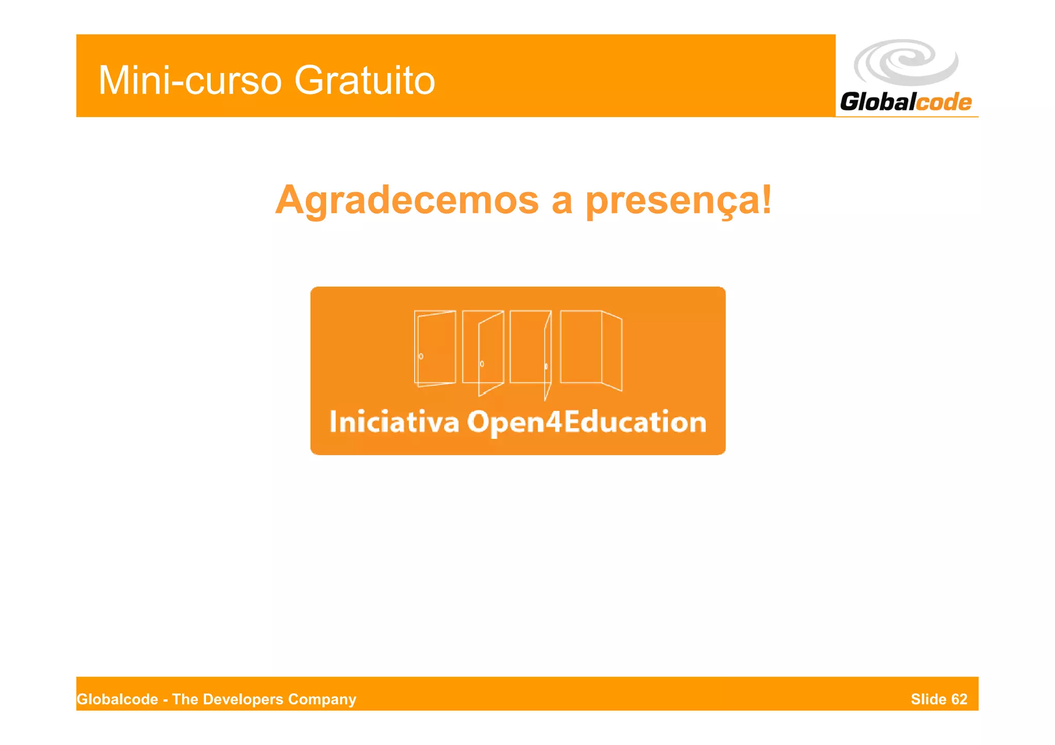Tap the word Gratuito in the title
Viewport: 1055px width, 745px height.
click(x=365, y=81)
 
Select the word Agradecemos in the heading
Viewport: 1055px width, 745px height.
click(x=407, y=200)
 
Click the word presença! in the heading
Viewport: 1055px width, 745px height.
click(x=679, y=200)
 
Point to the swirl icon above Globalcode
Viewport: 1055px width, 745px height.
click(x=906, y=62)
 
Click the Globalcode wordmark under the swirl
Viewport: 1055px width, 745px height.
click(x=906, y=102)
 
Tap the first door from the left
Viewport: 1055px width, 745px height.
click(x=435, y=348)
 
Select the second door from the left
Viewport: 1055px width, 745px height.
click(x=483, y=350)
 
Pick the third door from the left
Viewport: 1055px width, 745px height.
click(x=531, y=350)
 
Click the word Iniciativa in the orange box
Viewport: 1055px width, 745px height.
click(x=394, y=422)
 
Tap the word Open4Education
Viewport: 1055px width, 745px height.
click(x=587, y=422)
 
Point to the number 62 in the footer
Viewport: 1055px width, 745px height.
click(x=959, y=699)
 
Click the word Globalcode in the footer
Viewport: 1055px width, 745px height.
click(x=117, y=699)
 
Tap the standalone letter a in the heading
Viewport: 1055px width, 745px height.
click(x=562, y=200)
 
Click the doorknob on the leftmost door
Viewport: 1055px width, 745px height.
click(x=421, y=356)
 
